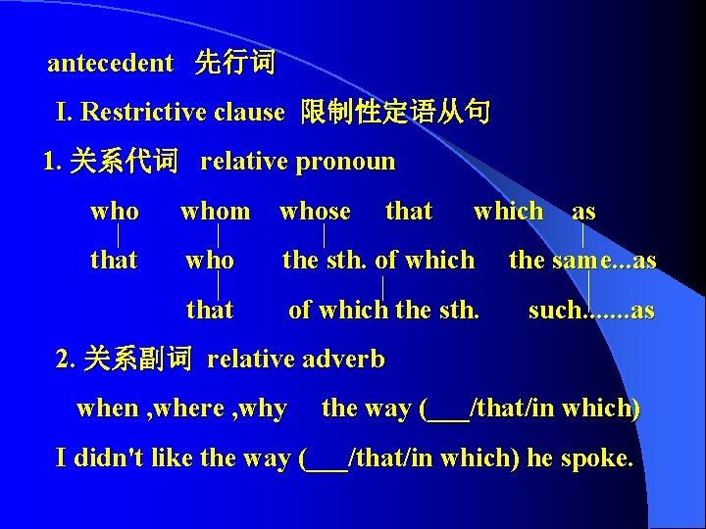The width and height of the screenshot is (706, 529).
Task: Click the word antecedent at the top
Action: coord(110,64)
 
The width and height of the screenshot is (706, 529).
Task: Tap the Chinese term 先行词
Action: coord(235,64)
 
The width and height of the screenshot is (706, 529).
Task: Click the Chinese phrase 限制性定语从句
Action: coord(395,113)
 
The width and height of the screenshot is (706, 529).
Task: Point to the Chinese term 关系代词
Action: coord(124,162)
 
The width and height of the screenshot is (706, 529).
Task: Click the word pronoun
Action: coord(349,162)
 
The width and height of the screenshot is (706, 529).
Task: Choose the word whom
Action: coord(215,212)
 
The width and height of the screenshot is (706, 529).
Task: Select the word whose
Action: coord(315,212)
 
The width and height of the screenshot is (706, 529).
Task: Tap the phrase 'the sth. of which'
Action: coord(378,261)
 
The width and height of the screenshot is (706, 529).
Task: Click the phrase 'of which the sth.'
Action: coord(383,311)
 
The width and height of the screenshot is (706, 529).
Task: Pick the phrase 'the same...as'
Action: coord(582,261)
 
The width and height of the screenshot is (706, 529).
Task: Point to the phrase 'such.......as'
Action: coord(591,311)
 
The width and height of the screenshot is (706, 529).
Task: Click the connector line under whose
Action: coord(325,236)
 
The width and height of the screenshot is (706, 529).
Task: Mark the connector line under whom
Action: coord(218,236)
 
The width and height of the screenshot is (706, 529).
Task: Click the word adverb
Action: coord(349,360)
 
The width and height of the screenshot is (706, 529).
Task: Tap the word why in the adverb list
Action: coord(267,409)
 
